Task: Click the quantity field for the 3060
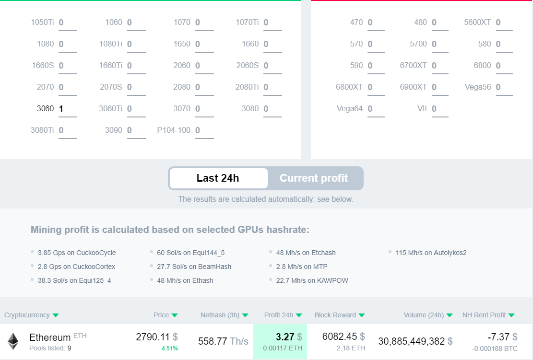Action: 67,109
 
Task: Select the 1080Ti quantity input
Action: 136,44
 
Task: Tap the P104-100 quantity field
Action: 204,130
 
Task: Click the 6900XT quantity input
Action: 439,87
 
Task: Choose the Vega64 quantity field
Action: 376,109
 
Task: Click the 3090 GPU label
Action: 113,130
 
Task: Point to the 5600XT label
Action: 477,23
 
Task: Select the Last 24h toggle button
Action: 218,178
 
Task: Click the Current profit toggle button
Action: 314,178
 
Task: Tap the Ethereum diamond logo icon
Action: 13,341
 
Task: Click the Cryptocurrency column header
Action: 27,315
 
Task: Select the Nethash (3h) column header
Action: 220,315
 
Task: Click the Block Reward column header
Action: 335,315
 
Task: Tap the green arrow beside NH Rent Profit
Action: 511,315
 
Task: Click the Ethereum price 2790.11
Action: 153,337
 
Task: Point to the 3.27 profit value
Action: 285,337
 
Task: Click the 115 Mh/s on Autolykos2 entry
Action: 431,253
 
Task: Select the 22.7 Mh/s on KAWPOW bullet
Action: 312,280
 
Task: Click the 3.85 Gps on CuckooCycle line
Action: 77,253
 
